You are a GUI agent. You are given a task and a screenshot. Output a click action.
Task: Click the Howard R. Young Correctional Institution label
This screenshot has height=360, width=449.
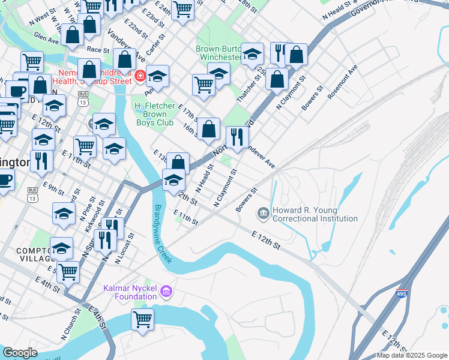pyautogui.click(x=315, y=215)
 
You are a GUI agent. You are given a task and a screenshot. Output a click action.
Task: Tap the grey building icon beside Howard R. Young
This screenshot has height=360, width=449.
pyautogui.click(x=263, y=213)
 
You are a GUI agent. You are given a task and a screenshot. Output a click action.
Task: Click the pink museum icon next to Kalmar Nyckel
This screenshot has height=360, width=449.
pyautogui.click(x=166, y=293)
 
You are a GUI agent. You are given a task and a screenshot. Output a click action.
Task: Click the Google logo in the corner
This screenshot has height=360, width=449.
pyautogui.click(x=20, y=352)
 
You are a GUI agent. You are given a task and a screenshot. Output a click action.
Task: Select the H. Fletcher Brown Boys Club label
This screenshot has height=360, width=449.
pyautogui.click(x=154, y=115)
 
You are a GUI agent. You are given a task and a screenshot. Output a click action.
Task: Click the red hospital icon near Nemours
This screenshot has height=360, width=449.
pyautogui.click(x=140, y=76)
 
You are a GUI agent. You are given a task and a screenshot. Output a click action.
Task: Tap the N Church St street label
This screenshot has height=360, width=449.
pyautogui.click(x=77, y=322)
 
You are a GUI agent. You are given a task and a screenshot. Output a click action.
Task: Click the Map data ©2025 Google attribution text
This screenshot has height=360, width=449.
pyautogui.click(x=411, y=355)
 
